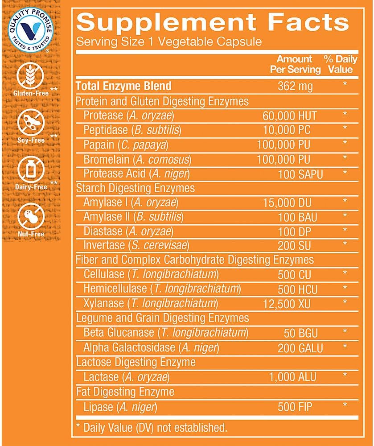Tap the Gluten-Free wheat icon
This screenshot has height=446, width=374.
[x=30, y=77]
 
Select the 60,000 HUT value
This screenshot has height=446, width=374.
[x=290, y=116]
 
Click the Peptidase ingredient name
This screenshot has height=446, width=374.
[x=106, y=131]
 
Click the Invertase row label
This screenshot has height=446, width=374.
[x=104, y=245]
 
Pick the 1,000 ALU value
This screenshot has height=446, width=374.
[x=292, y=377]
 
